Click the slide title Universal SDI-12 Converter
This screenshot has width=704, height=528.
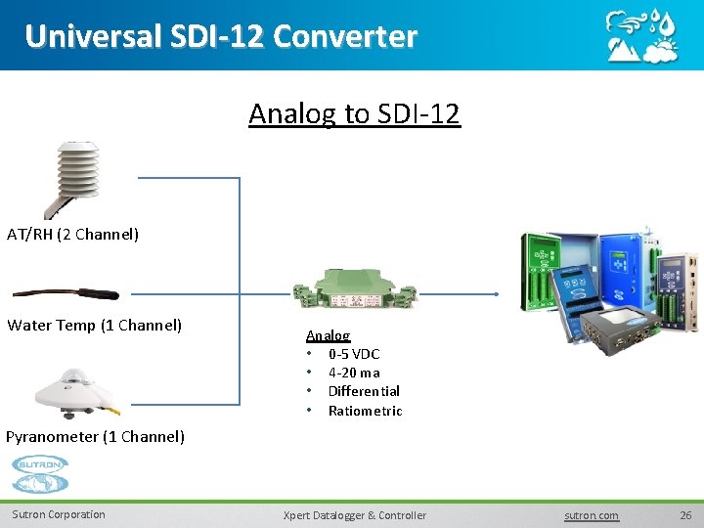tap(221, 36)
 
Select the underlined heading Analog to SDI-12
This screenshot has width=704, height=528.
tap(354, 114)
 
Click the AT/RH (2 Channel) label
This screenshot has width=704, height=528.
tap(73, 235)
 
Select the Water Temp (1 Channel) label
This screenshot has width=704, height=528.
tap(95, 325)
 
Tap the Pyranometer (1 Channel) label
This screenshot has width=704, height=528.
tap(95, 436)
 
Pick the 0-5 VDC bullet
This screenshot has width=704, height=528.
tap(353, 354)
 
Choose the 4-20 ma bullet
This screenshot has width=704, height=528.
tap(354, 373)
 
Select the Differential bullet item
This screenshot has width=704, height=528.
tap(364, 391)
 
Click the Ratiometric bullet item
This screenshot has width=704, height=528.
tap(365, 411)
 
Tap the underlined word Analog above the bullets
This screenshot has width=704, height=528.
tap(328, 335)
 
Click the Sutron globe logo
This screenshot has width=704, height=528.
tap(40, 475)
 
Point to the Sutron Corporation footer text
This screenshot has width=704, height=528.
tap(59, 514)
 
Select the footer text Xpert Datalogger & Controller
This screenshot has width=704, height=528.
tap(354, 515)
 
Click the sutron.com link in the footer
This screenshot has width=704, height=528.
tap(592, 515)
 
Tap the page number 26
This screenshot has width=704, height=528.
tap(685, 514)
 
